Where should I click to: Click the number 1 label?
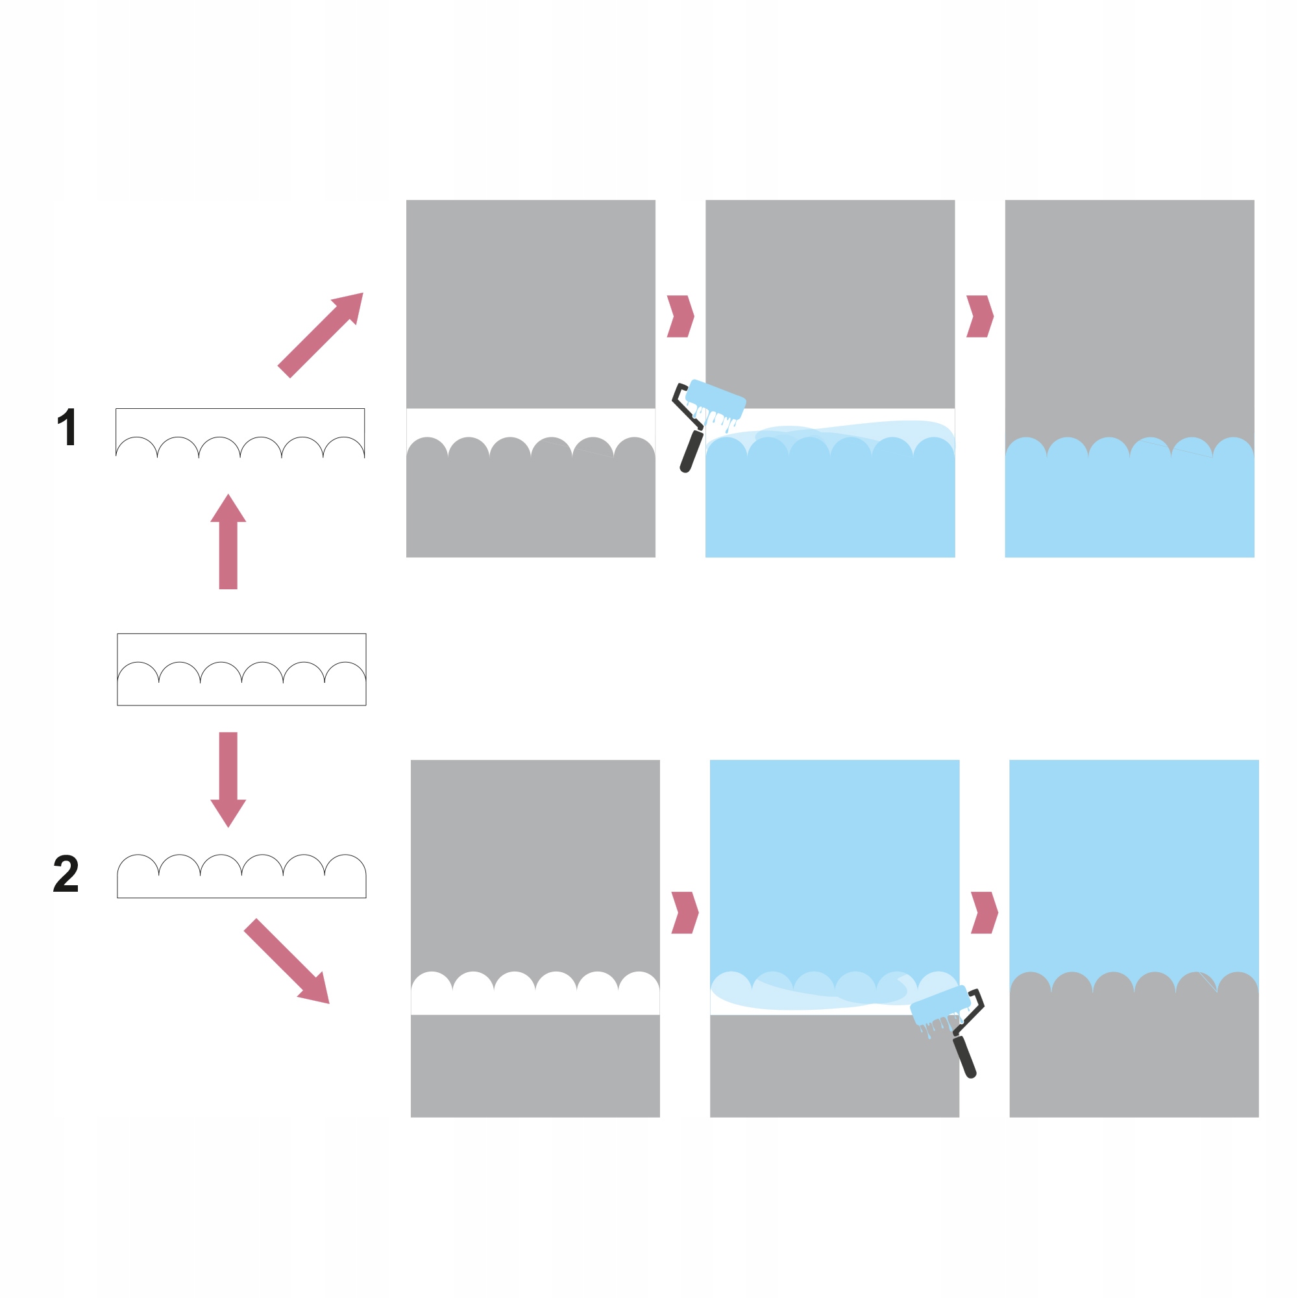coord(66,426)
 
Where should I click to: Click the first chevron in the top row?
coord(680,316)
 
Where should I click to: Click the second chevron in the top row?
coord(979,316)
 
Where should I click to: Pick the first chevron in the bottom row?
coord(685,912)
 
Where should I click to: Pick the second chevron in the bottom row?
coord(985,912)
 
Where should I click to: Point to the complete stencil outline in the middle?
coord(241,669)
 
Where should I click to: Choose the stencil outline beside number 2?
coord(241,884)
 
